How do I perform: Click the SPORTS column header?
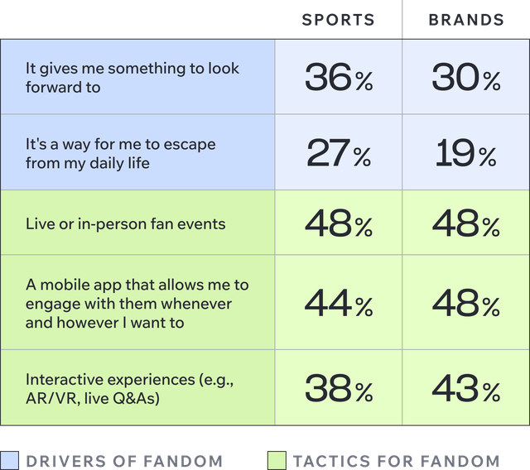pos(338,20)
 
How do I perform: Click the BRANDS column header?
pos(466,20)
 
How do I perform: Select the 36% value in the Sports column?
pos(338,78)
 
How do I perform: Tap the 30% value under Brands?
pos(466,78)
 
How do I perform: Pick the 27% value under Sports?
pos(338,153)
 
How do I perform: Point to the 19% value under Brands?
pos(466,153)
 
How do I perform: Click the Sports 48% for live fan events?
pos(338,224)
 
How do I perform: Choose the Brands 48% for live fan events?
pos(466,224)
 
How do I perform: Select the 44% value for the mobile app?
pos(338,304)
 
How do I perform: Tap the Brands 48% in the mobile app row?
pos(466,304)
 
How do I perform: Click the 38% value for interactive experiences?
pos(338,388)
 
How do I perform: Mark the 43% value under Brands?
pos(466,388)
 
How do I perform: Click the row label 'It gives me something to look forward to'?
pos(132,77)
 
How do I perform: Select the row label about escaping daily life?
pos(120,153)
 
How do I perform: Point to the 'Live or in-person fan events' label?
pos(125,224)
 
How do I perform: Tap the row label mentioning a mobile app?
pos(137,303)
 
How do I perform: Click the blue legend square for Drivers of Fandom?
pos(9,460)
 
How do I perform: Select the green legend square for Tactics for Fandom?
pos(277,460)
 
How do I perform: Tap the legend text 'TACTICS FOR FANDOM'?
pos(396,460)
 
